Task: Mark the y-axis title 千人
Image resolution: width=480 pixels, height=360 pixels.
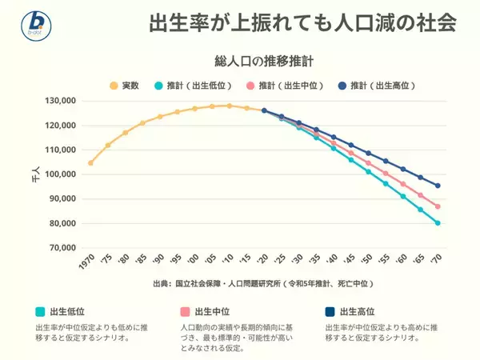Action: [34, 174]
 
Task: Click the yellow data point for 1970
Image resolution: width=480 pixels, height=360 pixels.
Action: [90, 163]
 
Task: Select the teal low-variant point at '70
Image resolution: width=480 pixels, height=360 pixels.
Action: [438, 223]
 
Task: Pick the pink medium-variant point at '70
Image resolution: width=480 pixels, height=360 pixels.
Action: [438, 206]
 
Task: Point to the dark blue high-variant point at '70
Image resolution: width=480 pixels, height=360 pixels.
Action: [438, 186]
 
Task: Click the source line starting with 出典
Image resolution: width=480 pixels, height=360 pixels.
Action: [263, 283]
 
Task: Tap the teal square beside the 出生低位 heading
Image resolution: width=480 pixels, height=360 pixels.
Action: [40, 312]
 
